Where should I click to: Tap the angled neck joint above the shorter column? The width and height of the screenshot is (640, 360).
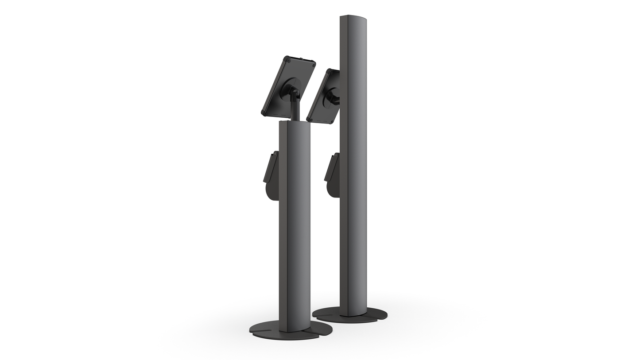pos(295,93)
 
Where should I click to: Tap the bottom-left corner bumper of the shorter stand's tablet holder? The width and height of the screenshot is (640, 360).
pos(264,113)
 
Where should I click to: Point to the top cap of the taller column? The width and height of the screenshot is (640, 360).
pos(353,17)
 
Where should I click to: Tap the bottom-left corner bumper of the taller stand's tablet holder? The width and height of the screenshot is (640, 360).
pos(309,119)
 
